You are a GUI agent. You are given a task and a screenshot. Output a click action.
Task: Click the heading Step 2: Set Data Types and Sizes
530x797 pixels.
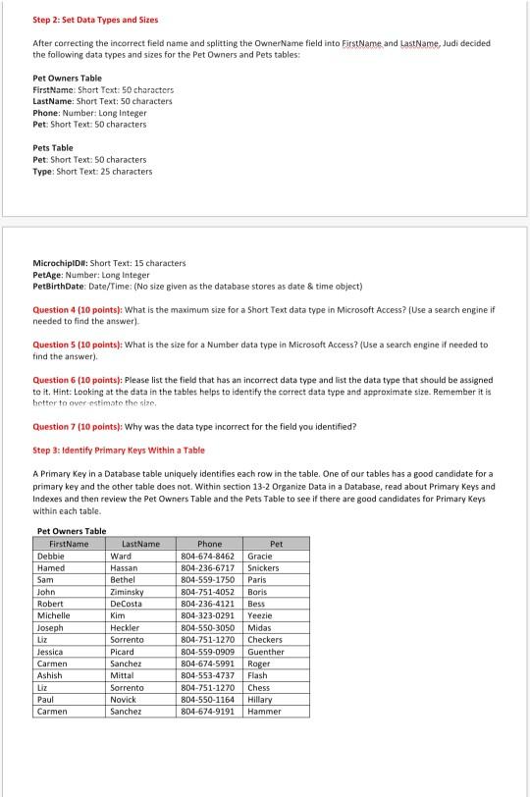81,20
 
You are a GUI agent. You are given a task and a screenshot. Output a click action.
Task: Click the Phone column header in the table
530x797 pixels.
209,544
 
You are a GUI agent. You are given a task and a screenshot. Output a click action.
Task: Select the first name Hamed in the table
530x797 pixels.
51,567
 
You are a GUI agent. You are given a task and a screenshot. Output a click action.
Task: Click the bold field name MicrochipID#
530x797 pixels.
64,263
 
